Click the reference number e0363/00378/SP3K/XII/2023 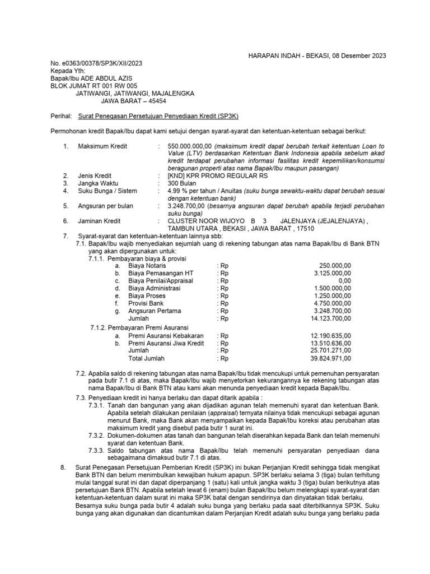click(x=96, y=63)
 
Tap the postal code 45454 click(x=155, y=101)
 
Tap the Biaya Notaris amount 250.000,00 click(x=335, y=266)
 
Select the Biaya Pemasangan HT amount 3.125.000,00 click(x=331, y=273)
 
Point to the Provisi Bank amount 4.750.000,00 click(x=331, y=303)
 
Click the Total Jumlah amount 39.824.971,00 click(x=329, y=358)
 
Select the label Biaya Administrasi click(x=154, y=288)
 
